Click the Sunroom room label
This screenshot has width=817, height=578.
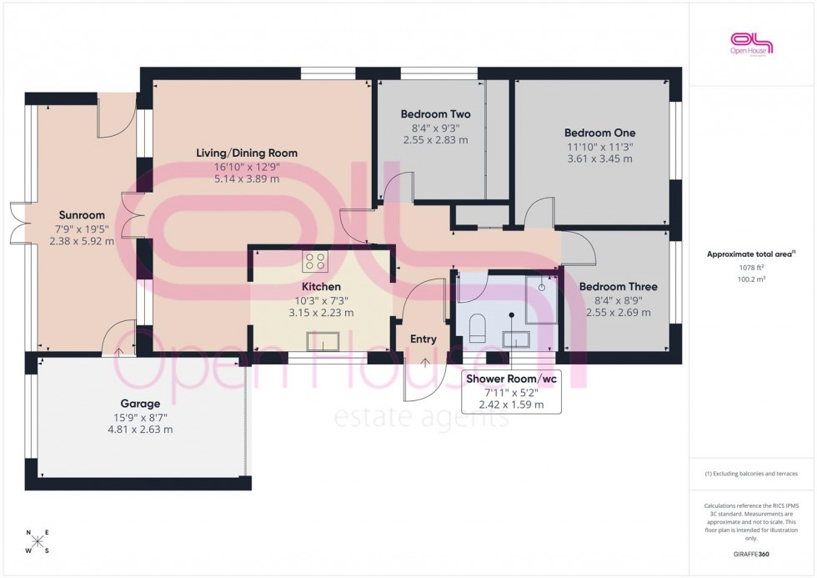(x=81, y=215)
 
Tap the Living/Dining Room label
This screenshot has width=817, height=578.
(x=246, y=153)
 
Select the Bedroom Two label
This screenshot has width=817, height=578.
(x=435, y=114)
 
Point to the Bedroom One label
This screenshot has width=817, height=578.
(x=599, y=133)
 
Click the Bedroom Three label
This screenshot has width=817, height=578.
(x=618, y=286)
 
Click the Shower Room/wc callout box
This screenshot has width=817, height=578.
(x=511, y=390)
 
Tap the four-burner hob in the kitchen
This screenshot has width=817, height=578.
(x=315, y=261)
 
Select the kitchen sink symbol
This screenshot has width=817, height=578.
(x=322, y=341)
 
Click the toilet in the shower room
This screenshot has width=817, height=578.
(x=478, y=328)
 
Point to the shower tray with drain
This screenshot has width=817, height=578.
(x=543, y=296)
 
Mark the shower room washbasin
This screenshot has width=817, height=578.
(x=517, y=338)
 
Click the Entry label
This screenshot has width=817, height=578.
(x=424, y=339)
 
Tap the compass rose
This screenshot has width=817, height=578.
(x=38, y=541)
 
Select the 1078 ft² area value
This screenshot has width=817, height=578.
(x=752, y=268)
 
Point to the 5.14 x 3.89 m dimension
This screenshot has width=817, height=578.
(x=246, y=178)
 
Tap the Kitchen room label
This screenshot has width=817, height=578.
(x=321, y=286)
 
